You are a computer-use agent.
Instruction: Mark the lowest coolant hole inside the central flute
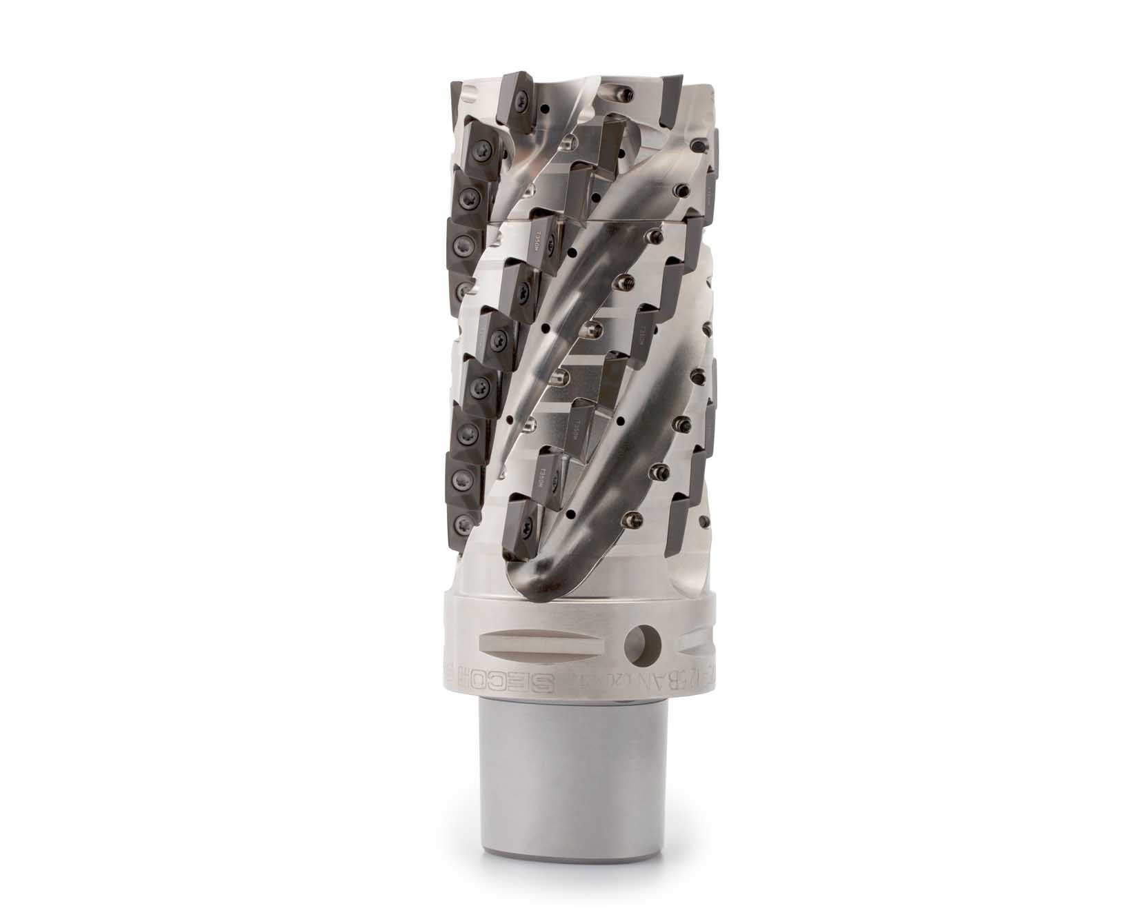572,514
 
